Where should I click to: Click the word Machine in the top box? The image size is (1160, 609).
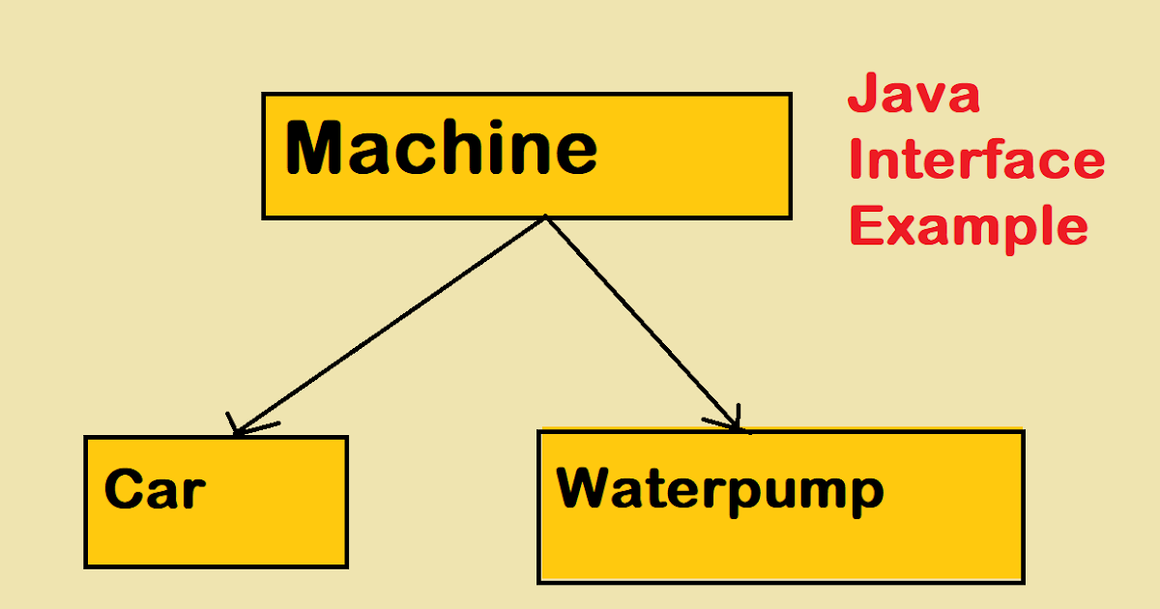pos(441,150)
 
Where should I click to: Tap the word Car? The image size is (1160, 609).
pos(155,490)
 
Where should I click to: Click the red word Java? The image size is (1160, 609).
pos(913,98)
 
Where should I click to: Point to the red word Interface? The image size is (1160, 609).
pos(976,160)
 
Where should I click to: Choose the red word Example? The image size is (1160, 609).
pos(969,227)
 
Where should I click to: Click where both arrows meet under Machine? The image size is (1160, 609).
pos(546,217)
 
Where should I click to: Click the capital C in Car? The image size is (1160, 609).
pos(124,490)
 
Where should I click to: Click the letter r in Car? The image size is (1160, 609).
pos(193,493)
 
